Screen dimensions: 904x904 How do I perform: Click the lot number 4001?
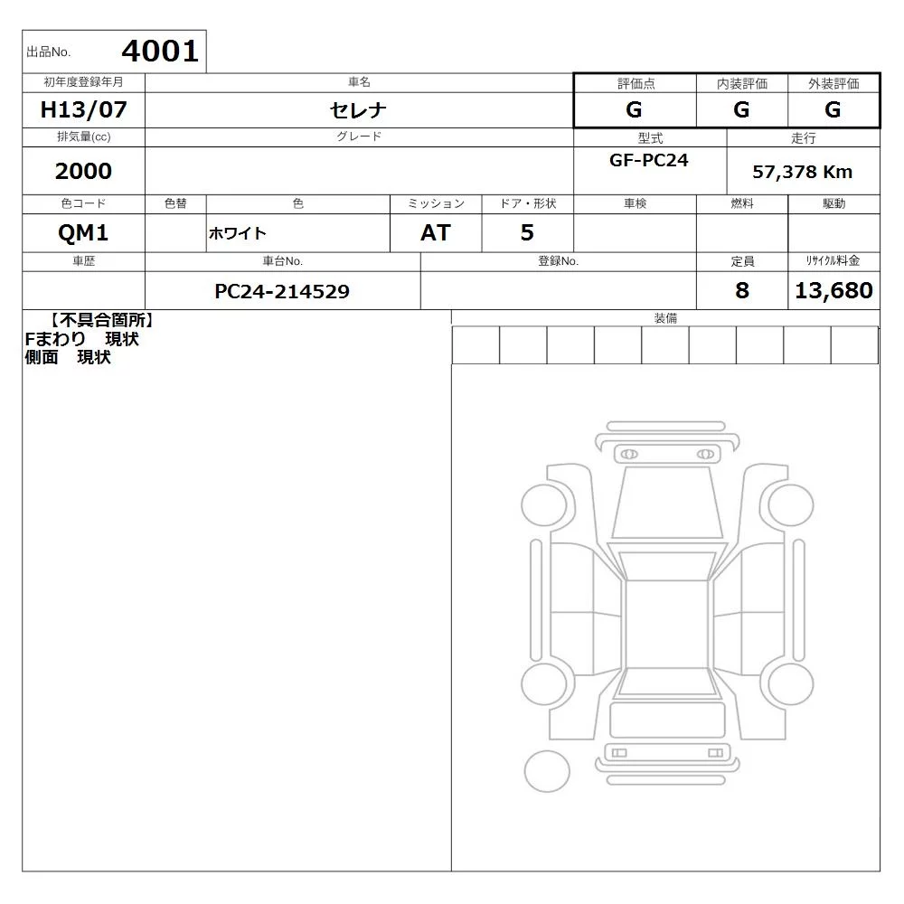click(x=160, y=52)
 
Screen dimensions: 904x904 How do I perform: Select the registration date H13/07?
click(x=83, y=109)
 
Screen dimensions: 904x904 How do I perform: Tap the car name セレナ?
click(x=358, y=110)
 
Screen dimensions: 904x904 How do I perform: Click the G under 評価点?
click(x=634, y=109)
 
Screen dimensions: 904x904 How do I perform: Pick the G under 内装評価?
click(x=741, y=109)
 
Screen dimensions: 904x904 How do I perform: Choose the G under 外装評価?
click(x=833, y=109)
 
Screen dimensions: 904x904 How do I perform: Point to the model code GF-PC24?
click(x=648, y=160)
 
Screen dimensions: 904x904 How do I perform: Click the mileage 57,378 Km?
click(x=802, y=172)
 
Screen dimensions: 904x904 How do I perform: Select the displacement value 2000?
click(x=83, y=171)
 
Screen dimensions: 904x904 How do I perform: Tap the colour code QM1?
click(x=83, y=233)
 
